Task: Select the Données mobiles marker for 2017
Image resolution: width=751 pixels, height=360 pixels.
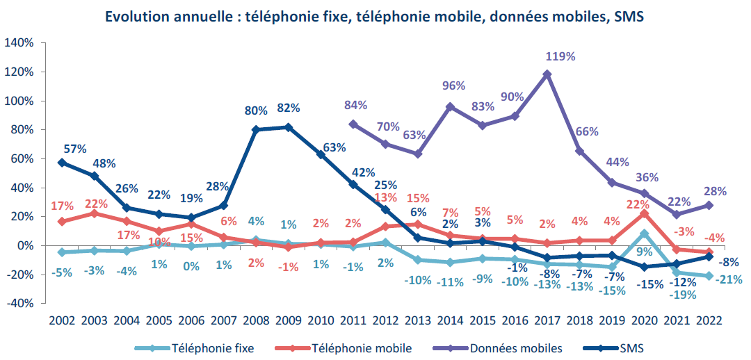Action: [547, 74]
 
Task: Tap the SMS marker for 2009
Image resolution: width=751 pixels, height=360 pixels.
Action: [289, 127]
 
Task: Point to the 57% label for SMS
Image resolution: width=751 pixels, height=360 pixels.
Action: [74, 149]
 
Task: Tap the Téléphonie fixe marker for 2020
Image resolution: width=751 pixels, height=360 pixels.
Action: [645, 234]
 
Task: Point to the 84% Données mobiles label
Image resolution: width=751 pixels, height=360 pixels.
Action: [356, 106]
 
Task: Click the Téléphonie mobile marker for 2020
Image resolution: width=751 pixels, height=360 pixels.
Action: [645, 213]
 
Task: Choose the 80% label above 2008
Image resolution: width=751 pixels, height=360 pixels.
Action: [257, 111]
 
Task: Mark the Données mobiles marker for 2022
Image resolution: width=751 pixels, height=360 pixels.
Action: [709, 205]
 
